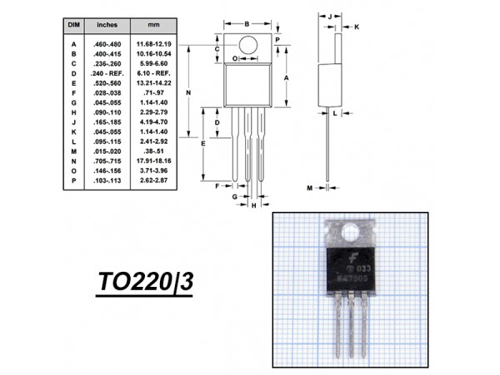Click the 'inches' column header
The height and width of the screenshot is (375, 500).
pyautogui.click(x=107, y=27)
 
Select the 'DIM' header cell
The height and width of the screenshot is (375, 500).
pyautogui.click(x=73, y=27)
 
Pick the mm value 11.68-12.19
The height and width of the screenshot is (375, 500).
pyautogui.click(x=155, y=43)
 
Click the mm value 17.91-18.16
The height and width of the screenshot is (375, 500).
pyautogui.click(x=155, y=160)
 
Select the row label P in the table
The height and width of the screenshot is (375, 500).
pyautogui.click(x=73, y=180)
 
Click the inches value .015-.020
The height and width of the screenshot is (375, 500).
pyautogui.click(x=107, y=150)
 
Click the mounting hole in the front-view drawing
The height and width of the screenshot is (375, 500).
pyautogui.click(x=247, y=43)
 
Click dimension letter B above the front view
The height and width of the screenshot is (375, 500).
pyautogui.click(x=247, y=23)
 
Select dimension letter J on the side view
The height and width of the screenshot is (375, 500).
pyautogui.click(x=330, y=16)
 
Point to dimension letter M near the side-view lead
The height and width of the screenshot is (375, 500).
pyautogui.click(x=309, y=189)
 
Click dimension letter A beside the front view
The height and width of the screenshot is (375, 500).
pyautogui.click(x=287, y=76)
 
